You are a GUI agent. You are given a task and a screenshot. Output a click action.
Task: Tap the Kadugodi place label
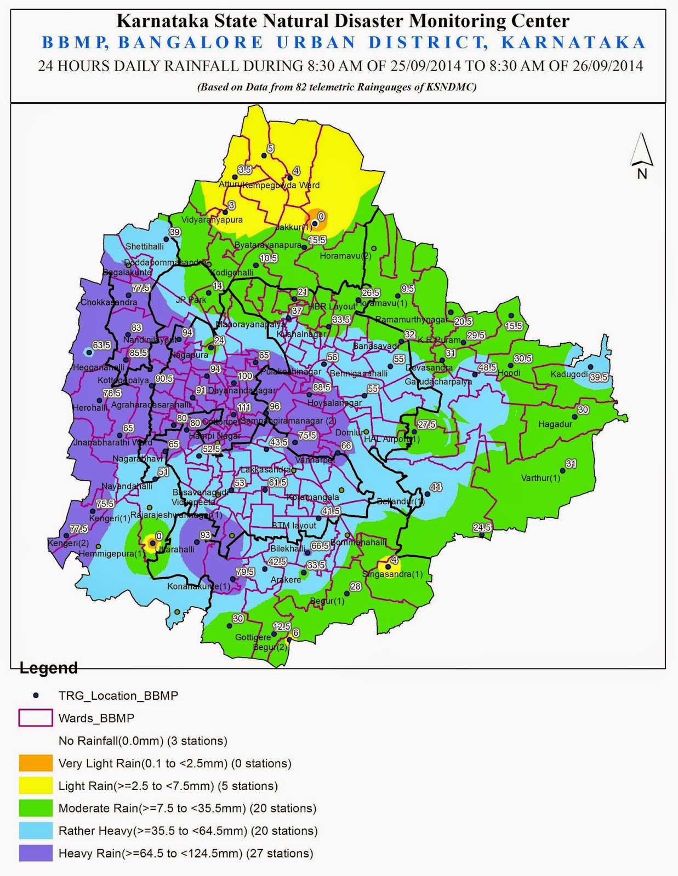[569, 374]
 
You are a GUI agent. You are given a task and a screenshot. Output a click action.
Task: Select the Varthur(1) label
[540, 478]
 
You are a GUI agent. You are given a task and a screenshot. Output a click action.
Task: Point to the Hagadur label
[555, 424]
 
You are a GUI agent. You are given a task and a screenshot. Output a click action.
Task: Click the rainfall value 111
[244, 408]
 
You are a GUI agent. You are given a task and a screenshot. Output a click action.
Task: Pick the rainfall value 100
[245, 376]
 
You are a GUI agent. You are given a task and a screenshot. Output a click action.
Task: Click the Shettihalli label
[144, 247]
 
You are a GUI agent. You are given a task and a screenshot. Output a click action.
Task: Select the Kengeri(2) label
[68, 543]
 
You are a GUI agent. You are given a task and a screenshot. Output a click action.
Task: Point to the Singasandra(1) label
[392, 574]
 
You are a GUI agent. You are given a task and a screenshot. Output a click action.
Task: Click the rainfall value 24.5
[482, 528]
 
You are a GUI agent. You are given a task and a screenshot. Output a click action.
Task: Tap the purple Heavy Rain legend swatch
[36, 853]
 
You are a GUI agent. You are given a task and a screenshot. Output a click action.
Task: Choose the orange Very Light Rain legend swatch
[36, 763]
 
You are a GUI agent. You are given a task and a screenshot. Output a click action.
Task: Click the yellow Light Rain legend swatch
[36, 786]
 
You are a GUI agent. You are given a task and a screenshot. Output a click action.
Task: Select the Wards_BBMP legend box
[36, 718]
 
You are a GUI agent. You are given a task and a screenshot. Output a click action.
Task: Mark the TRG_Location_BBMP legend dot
[36, 695]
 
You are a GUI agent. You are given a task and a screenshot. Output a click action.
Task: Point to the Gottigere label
[253, 637]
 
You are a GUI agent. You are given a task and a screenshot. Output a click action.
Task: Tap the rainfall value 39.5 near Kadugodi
[599, 378]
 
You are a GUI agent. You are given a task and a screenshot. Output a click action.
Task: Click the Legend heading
[48, 668]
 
